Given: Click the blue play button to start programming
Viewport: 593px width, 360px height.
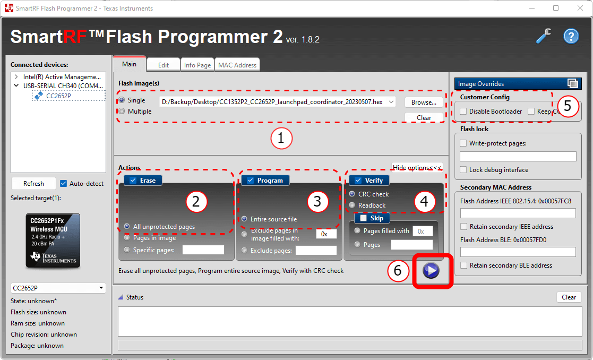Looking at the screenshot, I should pyautogui.click(x=431, y=271).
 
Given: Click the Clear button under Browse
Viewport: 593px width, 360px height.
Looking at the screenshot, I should pyautogui.click(x=423, y=117).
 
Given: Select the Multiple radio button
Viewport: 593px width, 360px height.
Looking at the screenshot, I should pyautogui.click(x=123, y=112).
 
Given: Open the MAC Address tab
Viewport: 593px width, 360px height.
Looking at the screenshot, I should pyautogui.click(x=237, y=65).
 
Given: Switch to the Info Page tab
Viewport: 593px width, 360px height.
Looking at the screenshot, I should pyautogui.click(x=197, y=65).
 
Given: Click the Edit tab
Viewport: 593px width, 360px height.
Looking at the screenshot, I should pyautogui.click(x=164, y=65).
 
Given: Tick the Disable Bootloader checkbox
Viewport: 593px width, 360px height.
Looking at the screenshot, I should pyautogui.click(x=463, y=112).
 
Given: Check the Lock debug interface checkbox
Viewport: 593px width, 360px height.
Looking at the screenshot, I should pyautogui.click(x=463, y=170).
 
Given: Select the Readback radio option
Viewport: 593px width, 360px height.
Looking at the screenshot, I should pyautogui.click(x=352, y=205).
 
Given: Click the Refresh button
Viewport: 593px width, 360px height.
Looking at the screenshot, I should pyautogui.click(x=33, y=184).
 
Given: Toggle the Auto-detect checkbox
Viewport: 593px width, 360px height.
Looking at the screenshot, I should pyautogui.click(x=64, y=184).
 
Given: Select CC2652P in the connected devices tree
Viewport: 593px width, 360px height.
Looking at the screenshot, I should pyautogui.click(x=58, y=96).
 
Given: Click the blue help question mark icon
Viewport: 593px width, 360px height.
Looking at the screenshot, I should pyautogui.click(x=571, y=37).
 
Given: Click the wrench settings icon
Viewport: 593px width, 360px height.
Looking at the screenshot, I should pyautogui.click(x=544, y=36).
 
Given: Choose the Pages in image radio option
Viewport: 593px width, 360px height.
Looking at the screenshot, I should pyautogui.click(x=126, y=238).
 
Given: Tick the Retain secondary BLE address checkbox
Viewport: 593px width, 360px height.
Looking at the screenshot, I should pyautogui.click(x=463, y=265).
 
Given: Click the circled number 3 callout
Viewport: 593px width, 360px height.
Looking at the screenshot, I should pyautogui.click(x=317, y=201).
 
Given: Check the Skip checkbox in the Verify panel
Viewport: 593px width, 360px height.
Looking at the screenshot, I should pyautogui.click(x=363, y=218).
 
